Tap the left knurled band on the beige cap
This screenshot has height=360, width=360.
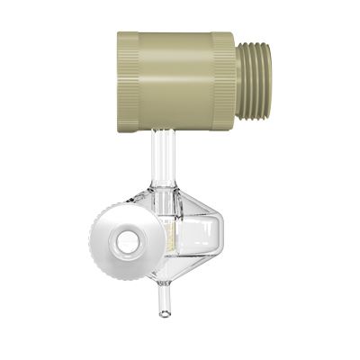pos(129,78)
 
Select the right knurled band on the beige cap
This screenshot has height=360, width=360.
pos(222,80)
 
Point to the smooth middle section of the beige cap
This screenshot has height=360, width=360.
pos(175,79)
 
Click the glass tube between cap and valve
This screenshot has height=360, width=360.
pos(163,153)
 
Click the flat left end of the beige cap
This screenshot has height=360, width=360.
pos(119,79)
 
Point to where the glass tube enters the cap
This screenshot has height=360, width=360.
pos(163,131)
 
